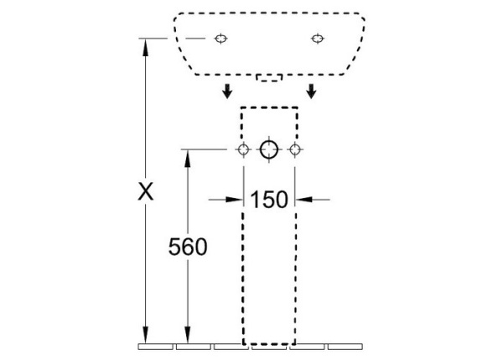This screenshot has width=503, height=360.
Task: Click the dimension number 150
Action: (x=269, y=200)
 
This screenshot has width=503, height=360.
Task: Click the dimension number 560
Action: (x=188, y=247)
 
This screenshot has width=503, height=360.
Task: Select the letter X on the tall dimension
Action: (x=146, y=191)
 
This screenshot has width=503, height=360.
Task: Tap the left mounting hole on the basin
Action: (x=220, y=39)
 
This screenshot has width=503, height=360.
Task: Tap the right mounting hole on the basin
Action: (x=317, y=39)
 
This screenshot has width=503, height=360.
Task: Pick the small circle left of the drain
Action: (x=243, y=149)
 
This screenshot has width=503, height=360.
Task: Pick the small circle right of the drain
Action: (x=295, y=149)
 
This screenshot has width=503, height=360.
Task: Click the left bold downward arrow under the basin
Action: (x=227, y=91)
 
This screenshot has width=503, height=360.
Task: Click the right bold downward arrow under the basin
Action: (x=311, y=91)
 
